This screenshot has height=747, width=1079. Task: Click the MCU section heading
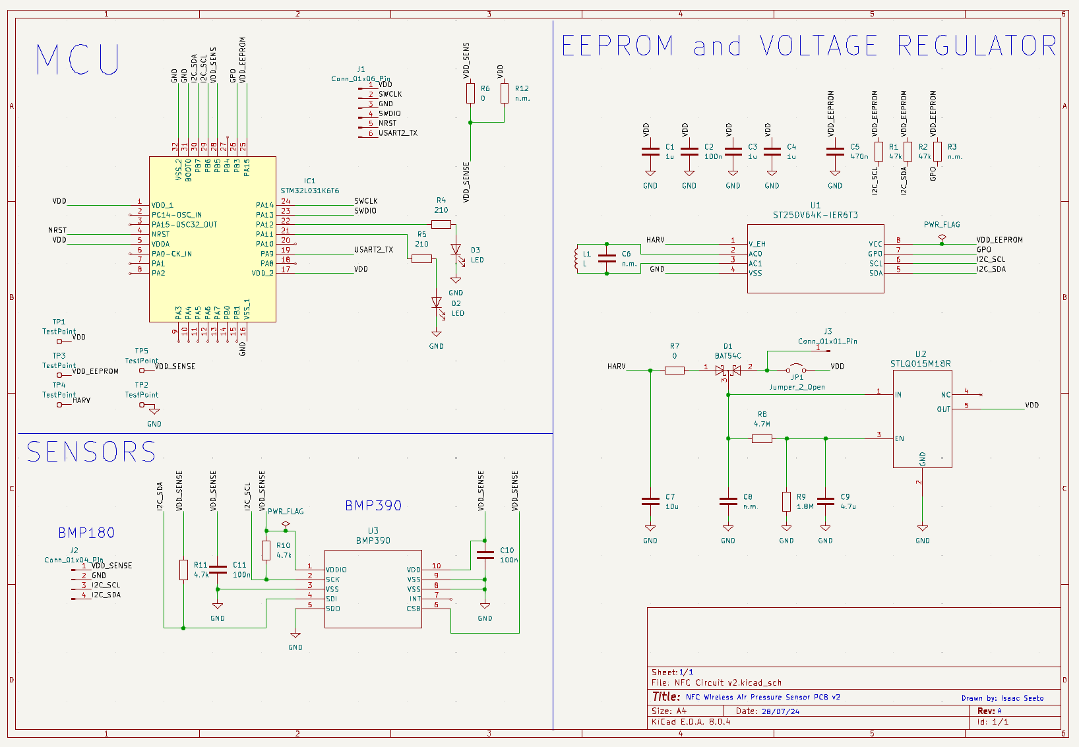tap(78, 59)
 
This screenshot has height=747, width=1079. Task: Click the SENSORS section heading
tap(91, 452)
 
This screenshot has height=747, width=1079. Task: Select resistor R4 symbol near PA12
tap(441, 225)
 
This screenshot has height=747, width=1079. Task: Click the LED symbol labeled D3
tap(455, 249)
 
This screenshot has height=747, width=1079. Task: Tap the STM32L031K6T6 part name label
tap(310, 191)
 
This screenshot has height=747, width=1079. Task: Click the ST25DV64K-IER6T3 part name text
tap(815, 215)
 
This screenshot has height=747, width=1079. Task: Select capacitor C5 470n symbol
tap(835, 152)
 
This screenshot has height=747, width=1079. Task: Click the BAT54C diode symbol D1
tap(727, 371)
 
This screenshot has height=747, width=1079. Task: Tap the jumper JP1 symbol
tap(796, 369)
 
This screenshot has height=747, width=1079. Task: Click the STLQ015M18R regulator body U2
tap(922, 419)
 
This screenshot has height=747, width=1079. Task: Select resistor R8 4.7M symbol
tap(762, 438)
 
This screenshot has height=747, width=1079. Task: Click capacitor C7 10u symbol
tap(650, 502)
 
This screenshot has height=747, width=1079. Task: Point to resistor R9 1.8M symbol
tap(786, 502)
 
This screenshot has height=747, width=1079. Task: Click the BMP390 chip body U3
tap(373, 589)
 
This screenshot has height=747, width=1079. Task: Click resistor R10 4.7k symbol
tap(266, 551)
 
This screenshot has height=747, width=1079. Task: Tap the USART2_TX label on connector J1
tap(398, 133)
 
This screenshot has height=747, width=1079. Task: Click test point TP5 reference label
tap(142, 351)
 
